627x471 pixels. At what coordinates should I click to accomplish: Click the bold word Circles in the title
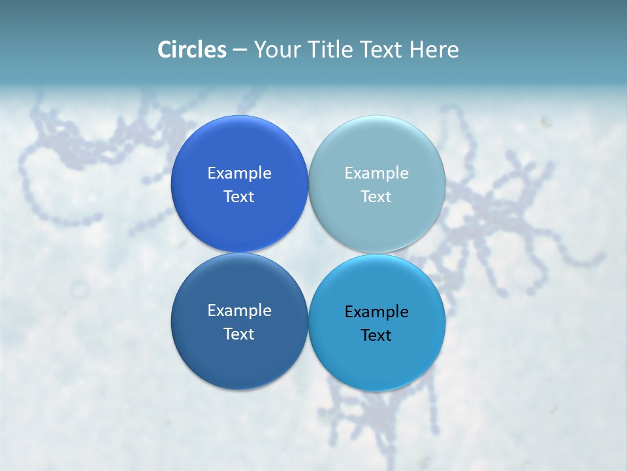192,50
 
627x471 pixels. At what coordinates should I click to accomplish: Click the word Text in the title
381,50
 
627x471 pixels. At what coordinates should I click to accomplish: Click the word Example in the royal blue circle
239,173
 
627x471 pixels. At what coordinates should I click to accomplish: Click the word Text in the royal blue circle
239,197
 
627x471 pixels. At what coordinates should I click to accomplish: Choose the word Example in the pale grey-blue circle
377,173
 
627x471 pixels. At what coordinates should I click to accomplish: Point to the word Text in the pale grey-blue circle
377,197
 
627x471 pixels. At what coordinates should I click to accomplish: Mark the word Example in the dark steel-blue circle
239,311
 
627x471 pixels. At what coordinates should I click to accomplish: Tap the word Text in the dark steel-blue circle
239,334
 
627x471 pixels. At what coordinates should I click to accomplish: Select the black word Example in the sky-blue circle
377,312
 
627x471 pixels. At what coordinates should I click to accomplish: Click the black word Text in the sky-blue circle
377,336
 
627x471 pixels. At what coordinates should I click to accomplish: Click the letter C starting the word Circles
165,50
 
